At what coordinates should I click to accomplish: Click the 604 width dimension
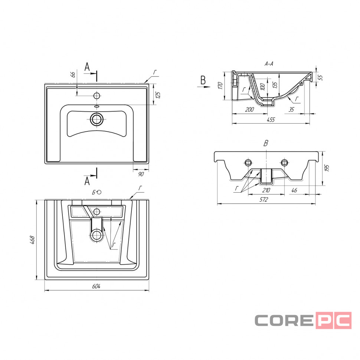pyautogui.click(x=96, y=286)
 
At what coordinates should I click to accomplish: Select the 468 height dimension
pyautogui.click(x=32, y=240)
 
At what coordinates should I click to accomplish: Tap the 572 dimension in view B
pyautogui.click(x=264, y=200)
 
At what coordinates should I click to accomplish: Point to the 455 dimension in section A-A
pyautogui.click(x=271, y=120)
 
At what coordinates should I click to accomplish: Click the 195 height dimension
pyautogui.click(x=327, y=168)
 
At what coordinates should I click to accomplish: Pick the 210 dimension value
pyautogui.click(x=266, y=190)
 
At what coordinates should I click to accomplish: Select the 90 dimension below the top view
pyautogui.click(x=141, y=174)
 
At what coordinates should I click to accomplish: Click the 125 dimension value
pyautogui.click(x=158, y=95)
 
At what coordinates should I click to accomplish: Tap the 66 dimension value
pyautogui.click(x=72, y=75)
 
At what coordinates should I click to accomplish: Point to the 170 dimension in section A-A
pyautogui.click(x=220, y=86)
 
